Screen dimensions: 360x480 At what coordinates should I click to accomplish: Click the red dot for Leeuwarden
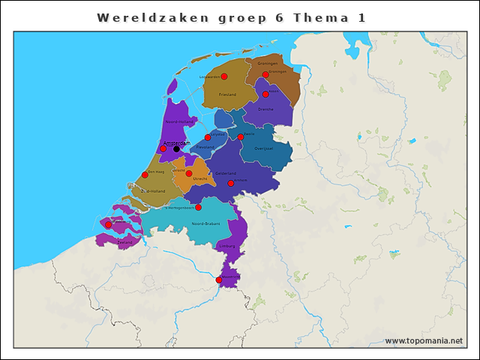tap(223, 76)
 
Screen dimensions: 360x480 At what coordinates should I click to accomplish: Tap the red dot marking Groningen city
tap(265, 75)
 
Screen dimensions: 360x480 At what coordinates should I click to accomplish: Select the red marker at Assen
tap(265, 94)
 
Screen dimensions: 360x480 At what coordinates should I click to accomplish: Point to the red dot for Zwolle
tap(241, 137)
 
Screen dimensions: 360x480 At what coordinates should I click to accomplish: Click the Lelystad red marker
tap(208, 137)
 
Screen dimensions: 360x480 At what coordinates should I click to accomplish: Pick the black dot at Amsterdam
tap(176, 148)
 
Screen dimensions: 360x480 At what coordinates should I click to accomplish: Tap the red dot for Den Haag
tap(145, 175)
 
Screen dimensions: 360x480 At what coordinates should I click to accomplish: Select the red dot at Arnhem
tap(231, 183)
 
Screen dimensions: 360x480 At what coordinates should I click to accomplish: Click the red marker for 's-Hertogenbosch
tap(198, 207)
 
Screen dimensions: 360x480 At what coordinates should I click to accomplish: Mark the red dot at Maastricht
tap(219, 280)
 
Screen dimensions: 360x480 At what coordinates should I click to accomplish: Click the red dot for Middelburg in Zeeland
tap(108, 224)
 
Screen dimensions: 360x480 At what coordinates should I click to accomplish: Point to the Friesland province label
tap(227, 95)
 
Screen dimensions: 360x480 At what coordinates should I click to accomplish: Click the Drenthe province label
tap(265, 109)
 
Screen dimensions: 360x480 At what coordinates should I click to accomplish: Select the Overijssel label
tap(263, 148)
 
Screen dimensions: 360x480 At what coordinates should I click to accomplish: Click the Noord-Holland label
tap(180, 121)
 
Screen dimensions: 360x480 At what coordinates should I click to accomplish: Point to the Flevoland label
tap(204, 147)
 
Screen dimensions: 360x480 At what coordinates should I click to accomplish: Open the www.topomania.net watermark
tap(424, 341)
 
